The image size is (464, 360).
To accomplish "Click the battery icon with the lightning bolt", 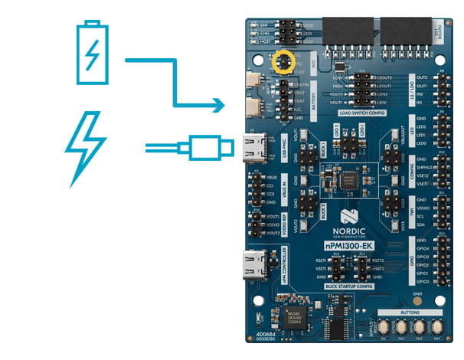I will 92,53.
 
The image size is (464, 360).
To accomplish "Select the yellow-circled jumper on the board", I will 285,61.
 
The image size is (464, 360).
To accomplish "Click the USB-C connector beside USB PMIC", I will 255,145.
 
